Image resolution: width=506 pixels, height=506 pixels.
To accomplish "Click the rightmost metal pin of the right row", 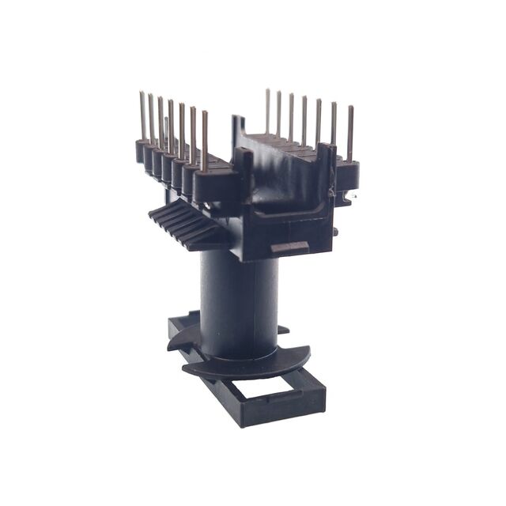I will point(349,134).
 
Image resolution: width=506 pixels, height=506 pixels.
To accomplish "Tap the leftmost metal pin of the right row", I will point(267,111).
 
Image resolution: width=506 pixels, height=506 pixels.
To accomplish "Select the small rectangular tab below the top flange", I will point(289,248).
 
